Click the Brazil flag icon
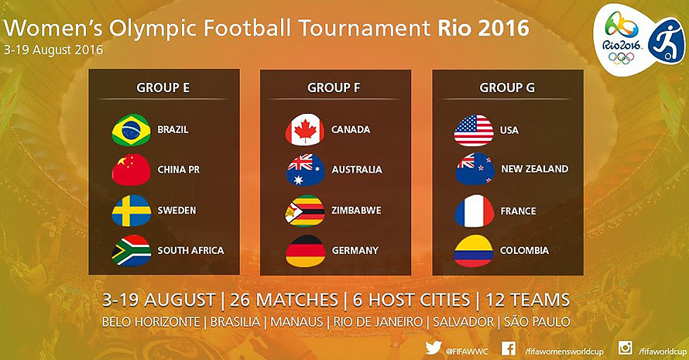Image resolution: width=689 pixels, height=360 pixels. point(131,129)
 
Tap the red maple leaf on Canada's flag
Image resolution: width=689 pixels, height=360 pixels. point(305,130)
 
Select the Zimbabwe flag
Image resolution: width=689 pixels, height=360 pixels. point(305,211)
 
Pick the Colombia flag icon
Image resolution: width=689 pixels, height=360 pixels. point(474,251)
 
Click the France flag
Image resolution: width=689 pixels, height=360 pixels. point(474,211)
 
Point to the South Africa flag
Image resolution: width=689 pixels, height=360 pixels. point(131,251)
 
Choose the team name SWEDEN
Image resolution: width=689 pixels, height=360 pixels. point(177,211)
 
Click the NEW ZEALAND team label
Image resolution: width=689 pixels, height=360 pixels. point(534,169)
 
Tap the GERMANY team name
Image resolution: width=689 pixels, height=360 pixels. point(355,251)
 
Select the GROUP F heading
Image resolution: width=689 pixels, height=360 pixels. point(334,88)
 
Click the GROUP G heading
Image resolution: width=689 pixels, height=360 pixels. point(507,88)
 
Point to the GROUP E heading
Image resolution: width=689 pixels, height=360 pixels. point(163,88)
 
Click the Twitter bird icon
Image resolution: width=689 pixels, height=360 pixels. point(434,348)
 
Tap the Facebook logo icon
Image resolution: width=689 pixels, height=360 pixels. point(509,348)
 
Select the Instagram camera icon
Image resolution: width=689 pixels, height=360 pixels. point(626,348)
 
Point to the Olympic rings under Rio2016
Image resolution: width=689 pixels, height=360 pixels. point(622,58)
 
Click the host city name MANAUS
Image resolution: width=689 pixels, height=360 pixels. point(297,322)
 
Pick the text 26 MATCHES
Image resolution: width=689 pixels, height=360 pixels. point(284,300)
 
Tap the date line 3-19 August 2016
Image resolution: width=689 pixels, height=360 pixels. point(53,50)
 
